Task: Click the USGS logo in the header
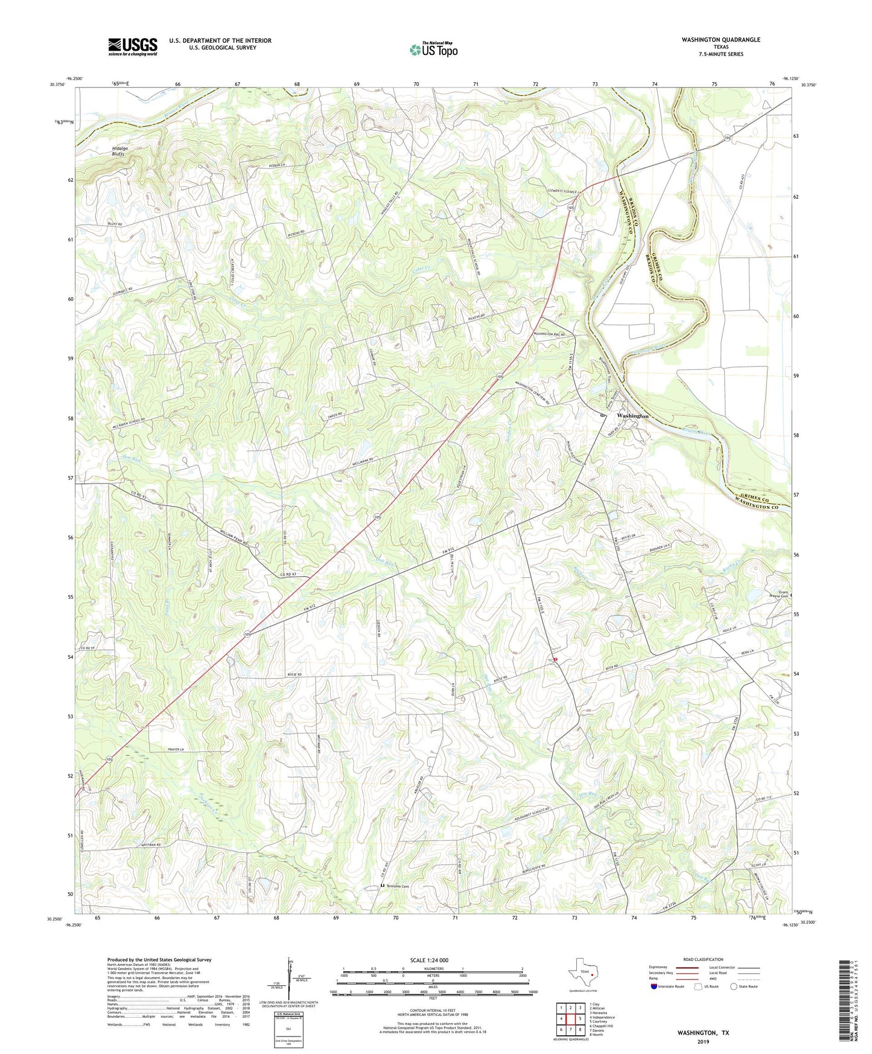[132, 46]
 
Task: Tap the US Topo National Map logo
[433, 50]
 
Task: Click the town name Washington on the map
[632, 416]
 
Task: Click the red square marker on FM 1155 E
[555, 660]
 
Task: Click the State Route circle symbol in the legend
[733, 986]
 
